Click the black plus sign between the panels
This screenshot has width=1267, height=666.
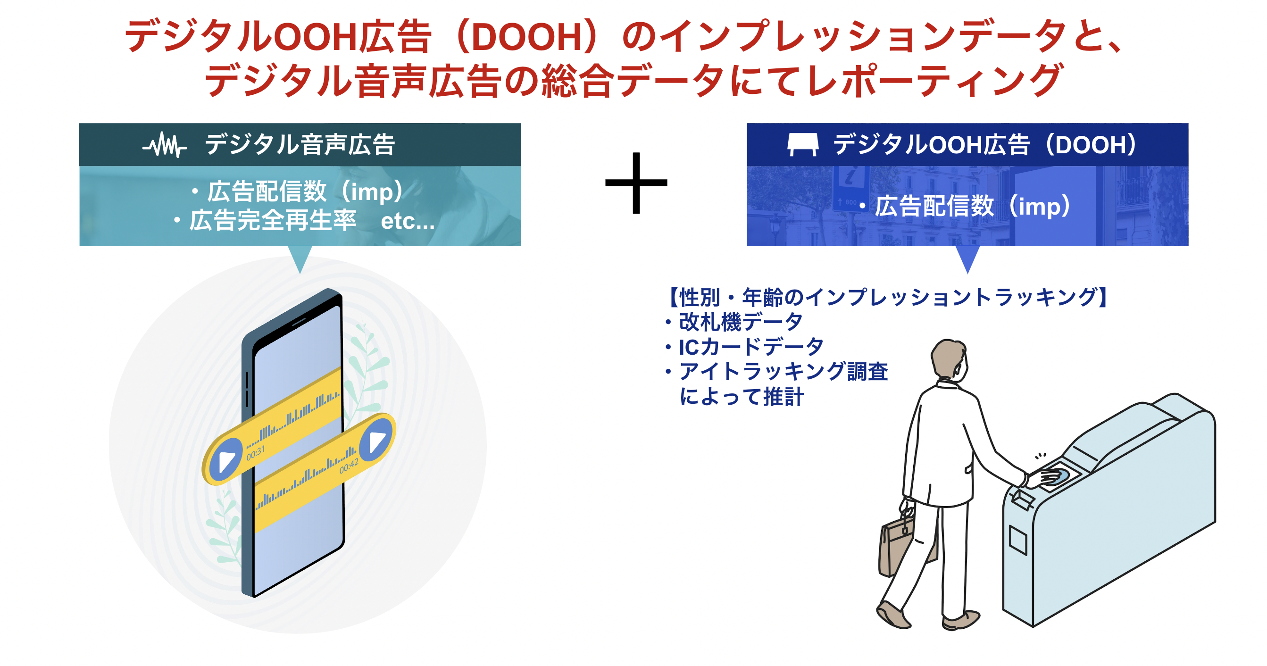636,183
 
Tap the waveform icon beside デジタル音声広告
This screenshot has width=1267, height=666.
164,145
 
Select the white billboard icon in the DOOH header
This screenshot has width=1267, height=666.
803,145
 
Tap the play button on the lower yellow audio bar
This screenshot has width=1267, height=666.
377,436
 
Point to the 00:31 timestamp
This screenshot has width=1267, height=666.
256,452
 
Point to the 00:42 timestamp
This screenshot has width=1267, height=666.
349,467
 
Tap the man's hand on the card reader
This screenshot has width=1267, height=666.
1048,477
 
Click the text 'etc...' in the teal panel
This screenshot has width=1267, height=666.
408,221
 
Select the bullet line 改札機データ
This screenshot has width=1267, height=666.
740,322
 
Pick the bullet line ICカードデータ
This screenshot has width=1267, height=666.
750,347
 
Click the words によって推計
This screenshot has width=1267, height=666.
742,397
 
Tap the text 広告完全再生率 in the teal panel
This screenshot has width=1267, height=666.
273,221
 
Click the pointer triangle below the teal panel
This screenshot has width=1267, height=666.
300,258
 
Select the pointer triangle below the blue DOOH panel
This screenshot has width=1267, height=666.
967,258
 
